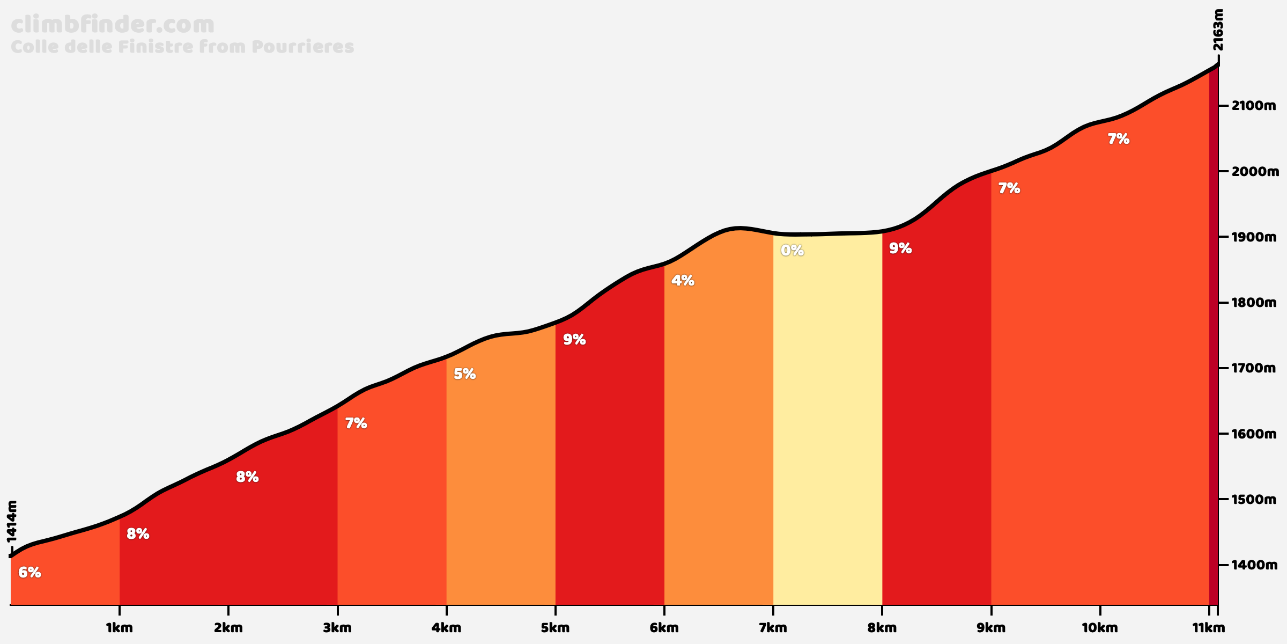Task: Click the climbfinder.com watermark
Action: click(113, 25)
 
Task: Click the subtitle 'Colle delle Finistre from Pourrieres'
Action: click(182, 47)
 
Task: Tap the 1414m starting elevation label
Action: click(12, 521)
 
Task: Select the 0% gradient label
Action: click(792, 250)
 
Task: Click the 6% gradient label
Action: click(29, 573)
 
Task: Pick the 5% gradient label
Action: click(465, 374)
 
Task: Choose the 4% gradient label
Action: click(683, 280)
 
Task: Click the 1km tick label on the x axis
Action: click(120, 628)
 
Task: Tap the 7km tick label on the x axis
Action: click(773, 628)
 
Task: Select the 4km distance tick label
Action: click(447, 628)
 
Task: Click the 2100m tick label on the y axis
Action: click(1254, 106)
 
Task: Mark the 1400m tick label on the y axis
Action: click(1254, 565)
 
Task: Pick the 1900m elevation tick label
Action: click(1254, 237)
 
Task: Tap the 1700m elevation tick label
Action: click(1254, 368)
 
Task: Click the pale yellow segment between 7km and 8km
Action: click(827, 429)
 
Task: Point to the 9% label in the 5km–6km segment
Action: click(574, 340)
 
